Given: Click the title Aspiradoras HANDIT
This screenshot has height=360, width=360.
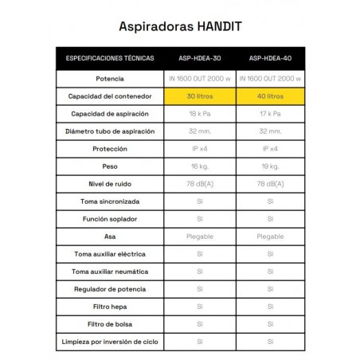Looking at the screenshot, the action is tap(180, 25).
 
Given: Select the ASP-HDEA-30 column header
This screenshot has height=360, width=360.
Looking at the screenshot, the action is tap(201, 59).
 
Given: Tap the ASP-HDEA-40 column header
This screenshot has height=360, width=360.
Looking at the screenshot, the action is tap(271, 59).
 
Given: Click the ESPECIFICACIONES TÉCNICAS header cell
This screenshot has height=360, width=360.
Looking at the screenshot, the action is tap(109, 59).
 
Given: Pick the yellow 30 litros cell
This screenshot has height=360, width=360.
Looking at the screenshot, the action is tap(201, 96).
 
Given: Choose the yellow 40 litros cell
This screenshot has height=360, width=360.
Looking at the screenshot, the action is tap(271, 96).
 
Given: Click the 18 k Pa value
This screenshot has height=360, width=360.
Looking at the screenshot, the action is tap(201, 113).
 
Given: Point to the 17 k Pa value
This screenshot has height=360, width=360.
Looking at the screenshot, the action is tap(271, 113).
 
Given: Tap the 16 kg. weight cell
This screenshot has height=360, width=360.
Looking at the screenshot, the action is tap(201, 166).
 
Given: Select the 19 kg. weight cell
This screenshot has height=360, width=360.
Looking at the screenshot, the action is tap(271, 166).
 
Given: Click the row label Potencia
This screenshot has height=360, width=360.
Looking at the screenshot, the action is tap(109, 78).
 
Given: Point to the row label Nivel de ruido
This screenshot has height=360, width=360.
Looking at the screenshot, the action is tap(109, 183).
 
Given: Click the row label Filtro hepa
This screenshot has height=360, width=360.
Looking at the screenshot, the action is tap(109, 306).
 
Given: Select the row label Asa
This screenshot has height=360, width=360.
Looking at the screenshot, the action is tap(109, 236).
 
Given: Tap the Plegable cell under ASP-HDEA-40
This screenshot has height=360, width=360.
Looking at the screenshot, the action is tap(271, 236).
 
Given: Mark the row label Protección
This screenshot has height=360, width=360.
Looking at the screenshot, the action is tap(109, 148).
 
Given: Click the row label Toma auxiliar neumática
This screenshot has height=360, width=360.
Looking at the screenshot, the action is tap(109, 271).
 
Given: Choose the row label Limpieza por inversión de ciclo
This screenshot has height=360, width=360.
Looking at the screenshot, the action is tap(109, 341).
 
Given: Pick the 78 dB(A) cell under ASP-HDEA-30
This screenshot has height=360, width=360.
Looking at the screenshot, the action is tap(201, 183).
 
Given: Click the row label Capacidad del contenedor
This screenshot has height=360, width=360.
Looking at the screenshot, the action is tap(109, 96).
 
